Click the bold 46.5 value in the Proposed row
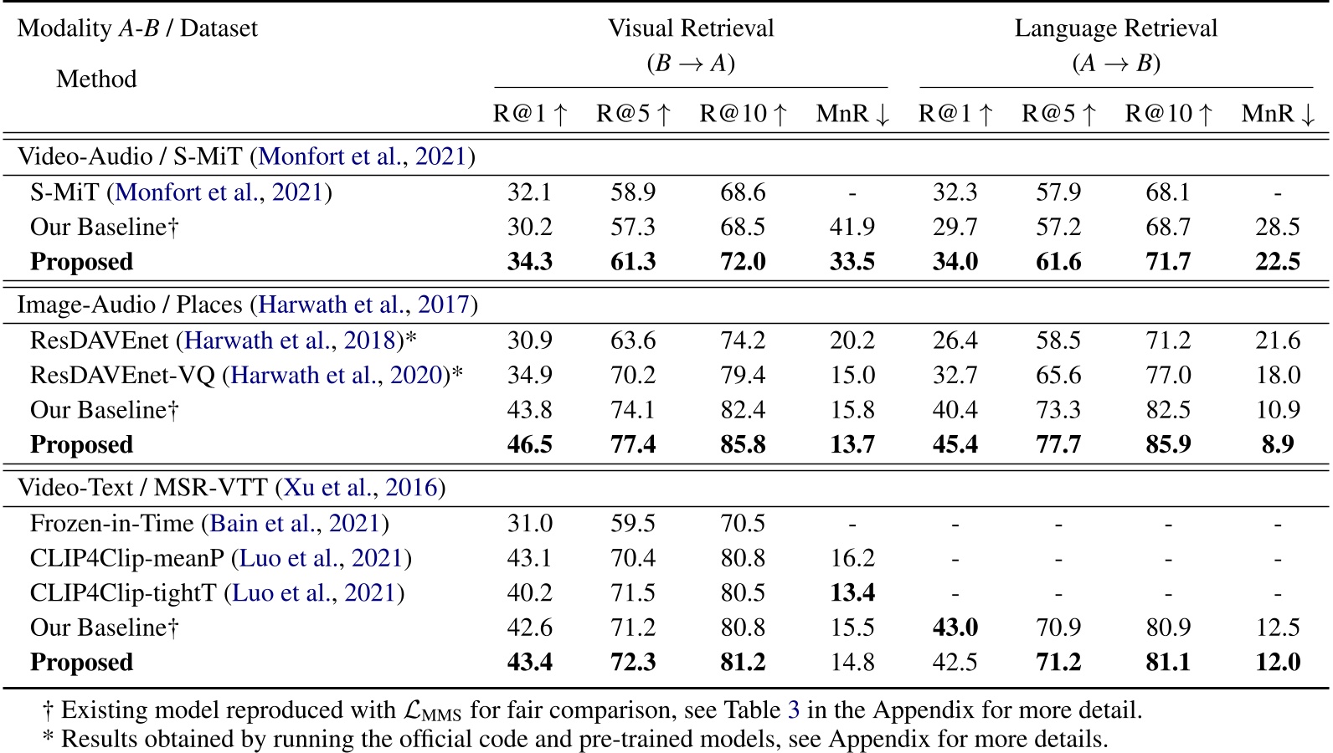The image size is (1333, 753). pyautogui.click(x=529, y=444)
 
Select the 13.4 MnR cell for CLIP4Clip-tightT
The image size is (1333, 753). pyautogui.click(x=852, y=593)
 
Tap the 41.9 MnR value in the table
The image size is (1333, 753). pyautogui.click(x=852, y=227)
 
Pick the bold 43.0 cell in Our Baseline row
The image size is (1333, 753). pyautogui.click(x=955, y=627)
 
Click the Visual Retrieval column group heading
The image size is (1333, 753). pyautogui.click(x=691, y=28)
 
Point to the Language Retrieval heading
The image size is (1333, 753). pyautogui.click(x=1115, y=28)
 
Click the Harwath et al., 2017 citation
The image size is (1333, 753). pyautogui.click(x=364, y=305)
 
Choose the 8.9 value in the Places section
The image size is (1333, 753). pyautogui.click(x=1277, y=444)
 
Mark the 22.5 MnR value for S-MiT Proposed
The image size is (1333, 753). pyautogui.click(x=1277, y=262)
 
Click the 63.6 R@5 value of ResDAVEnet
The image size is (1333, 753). pyautogui.click(x=632, y=341)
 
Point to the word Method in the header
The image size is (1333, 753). pyautogui.click(x=96, y=79)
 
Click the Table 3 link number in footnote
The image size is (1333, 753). pyautogui.click(x=793, y=710)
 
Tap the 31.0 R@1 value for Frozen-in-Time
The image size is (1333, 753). pyautogui.click(x=529, y=524)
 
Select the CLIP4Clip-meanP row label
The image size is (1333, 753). pyautogui.click(x=127, y=558)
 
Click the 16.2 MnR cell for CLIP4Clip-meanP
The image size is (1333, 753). pyautogui.click(x=852, y=558)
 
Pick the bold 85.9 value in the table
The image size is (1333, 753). pyautogui.click(x=1167, y=444)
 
